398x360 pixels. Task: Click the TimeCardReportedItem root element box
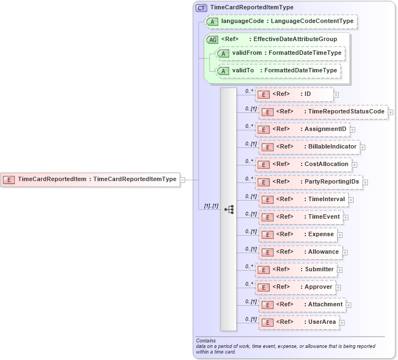point(90,179)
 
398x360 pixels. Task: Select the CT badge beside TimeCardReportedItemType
point(201,8)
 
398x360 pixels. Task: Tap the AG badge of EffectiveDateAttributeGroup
point(212,39)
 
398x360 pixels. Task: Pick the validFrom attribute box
point(280,53)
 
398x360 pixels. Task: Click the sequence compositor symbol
point(229,209)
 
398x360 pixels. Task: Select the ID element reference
point(294,94)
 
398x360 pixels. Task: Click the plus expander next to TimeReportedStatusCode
point(391,112)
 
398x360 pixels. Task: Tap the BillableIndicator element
point(309,147)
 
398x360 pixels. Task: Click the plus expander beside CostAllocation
point(354,164)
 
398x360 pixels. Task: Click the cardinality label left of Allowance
point(251,249)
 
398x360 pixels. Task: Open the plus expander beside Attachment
point(349,305)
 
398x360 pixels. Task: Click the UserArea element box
point(299,322)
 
